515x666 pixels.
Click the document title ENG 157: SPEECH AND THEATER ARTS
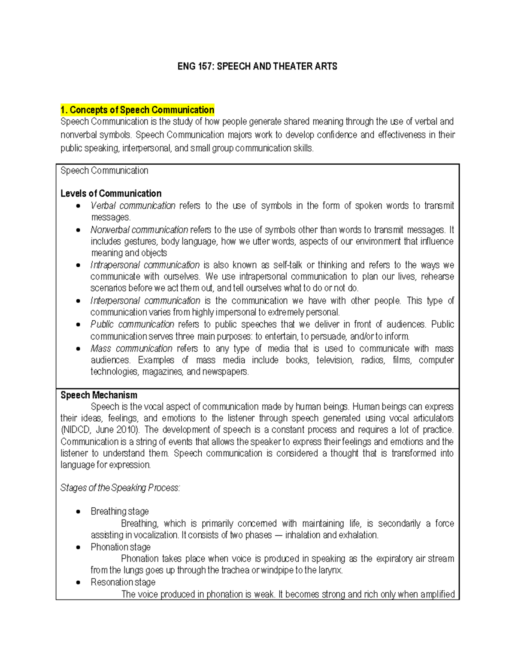(x=257, y=66)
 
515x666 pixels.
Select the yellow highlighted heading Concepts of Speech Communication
(x=137, y=110)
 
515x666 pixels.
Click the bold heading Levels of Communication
(x=111, y=193)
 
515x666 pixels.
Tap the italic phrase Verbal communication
(x=133, y=206)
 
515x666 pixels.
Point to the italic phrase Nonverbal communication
(x=139, y=230)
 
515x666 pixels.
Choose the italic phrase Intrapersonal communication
(x=145, y=265)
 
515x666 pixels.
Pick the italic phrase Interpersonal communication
(x=145, y=301)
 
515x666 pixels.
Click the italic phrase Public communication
(x=132, y=324)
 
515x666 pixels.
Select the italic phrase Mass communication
(x=131, y=349)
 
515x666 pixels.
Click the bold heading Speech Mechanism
(x=99, y=395)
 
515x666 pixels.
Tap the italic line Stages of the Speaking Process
(x=120, y=488)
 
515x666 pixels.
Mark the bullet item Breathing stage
(x=120, y=512)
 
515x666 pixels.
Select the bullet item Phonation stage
(x=121, y=547)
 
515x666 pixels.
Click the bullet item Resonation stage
(x=123, y=582)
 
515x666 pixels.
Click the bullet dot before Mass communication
(x=78, y=349)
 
